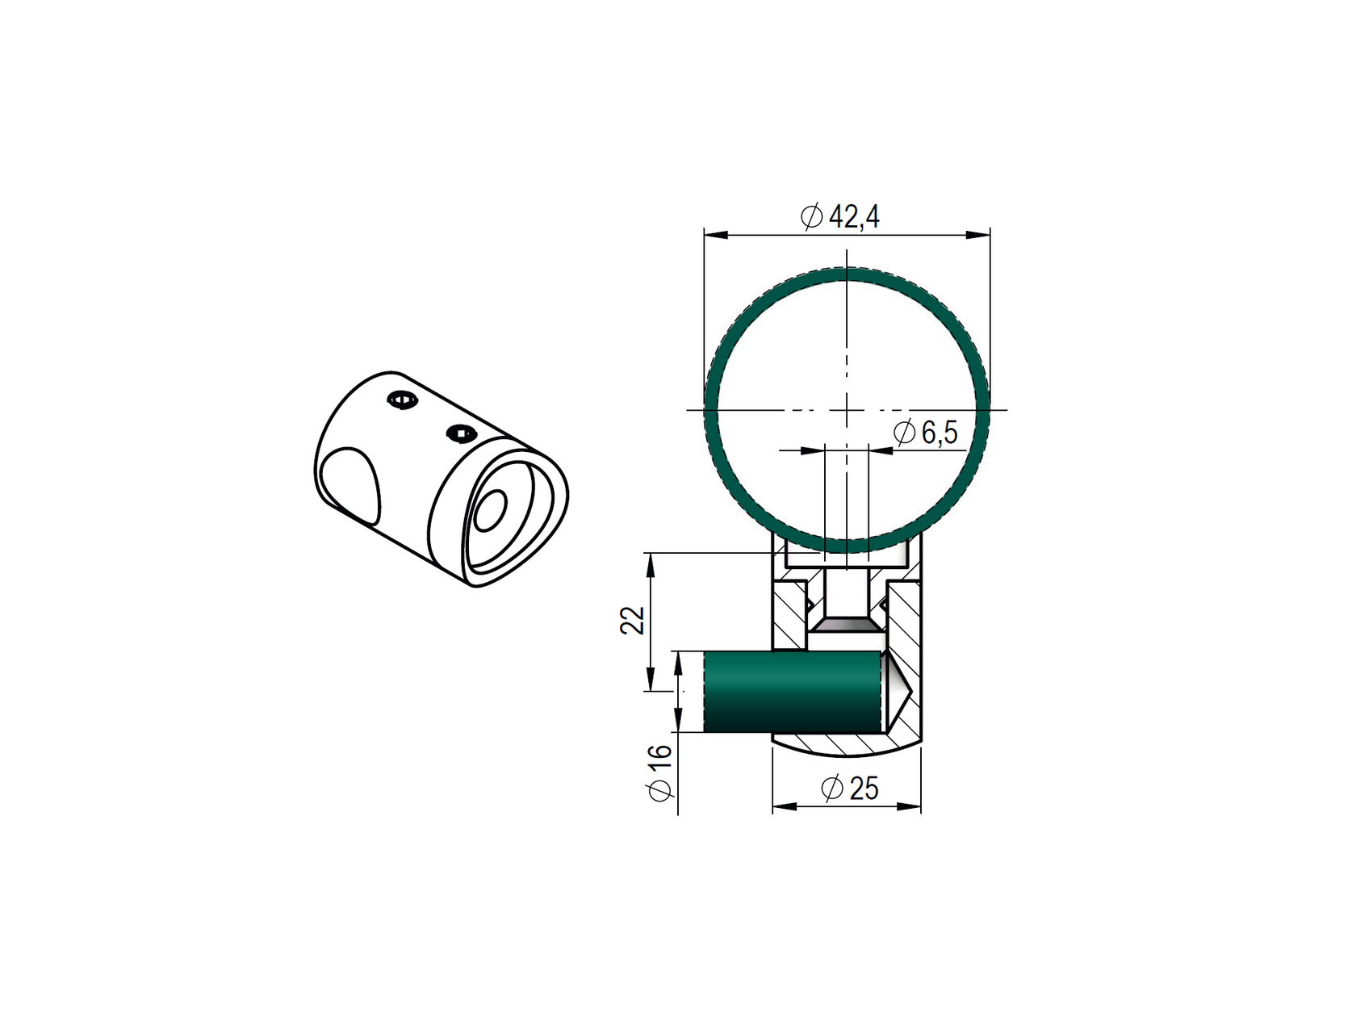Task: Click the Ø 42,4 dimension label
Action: pos(840,216)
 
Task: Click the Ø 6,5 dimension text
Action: pos(926,433)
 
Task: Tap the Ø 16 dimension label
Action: pos(660,772)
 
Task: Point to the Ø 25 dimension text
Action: pos(849,788)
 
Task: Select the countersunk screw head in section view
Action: pos(846,625)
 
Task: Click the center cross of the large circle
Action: pos(847,410)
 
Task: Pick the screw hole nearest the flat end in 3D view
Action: pos(460,433)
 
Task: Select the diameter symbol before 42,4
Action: pos(811,216)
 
